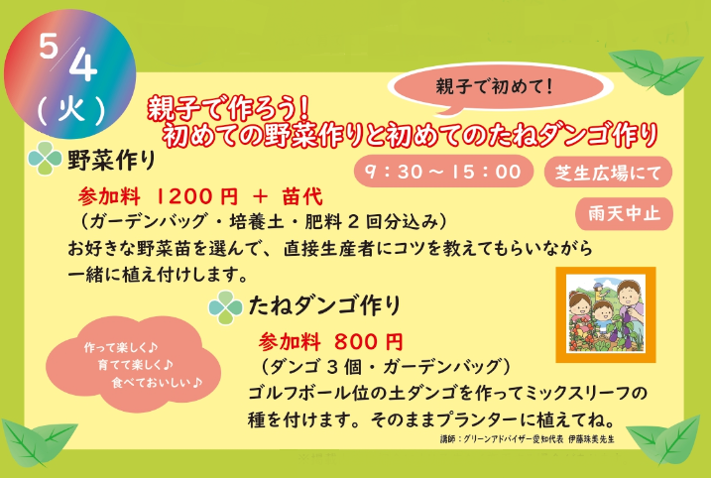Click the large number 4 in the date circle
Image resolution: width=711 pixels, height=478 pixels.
(83, 63)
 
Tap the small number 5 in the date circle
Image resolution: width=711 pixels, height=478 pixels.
(48, 46)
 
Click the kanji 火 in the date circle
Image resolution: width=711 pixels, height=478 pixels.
(71, 109)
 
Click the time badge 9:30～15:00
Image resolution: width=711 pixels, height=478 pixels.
(443, 172)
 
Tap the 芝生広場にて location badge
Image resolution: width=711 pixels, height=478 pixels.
(608, 173)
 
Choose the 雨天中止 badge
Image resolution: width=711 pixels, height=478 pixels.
(624, 213)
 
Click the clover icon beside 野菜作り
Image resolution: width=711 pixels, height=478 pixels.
(45, 159)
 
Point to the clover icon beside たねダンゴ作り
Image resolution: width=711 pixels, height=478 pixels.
(225, 307)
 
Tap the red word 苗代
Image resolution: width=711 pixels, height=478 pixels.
(302, 196)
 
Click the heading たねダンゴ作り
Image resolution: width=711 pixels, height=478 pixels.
(324, 305)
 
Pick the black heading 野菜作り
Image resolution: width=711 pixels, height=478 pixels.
(111, 160)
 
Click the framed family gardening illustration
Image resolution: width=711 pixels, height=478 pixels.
(606, 314)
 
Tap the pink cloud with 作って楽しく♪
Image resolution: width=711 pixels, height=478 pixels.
(133, 364)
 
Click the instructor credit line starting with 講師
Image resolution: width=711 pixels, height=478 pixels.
(527, 439)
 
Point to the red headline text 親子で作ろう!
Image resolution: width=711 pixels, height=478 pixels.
(228, 108)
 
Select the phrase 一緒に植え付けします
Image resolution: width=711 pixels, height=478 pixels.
(153, 275)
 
